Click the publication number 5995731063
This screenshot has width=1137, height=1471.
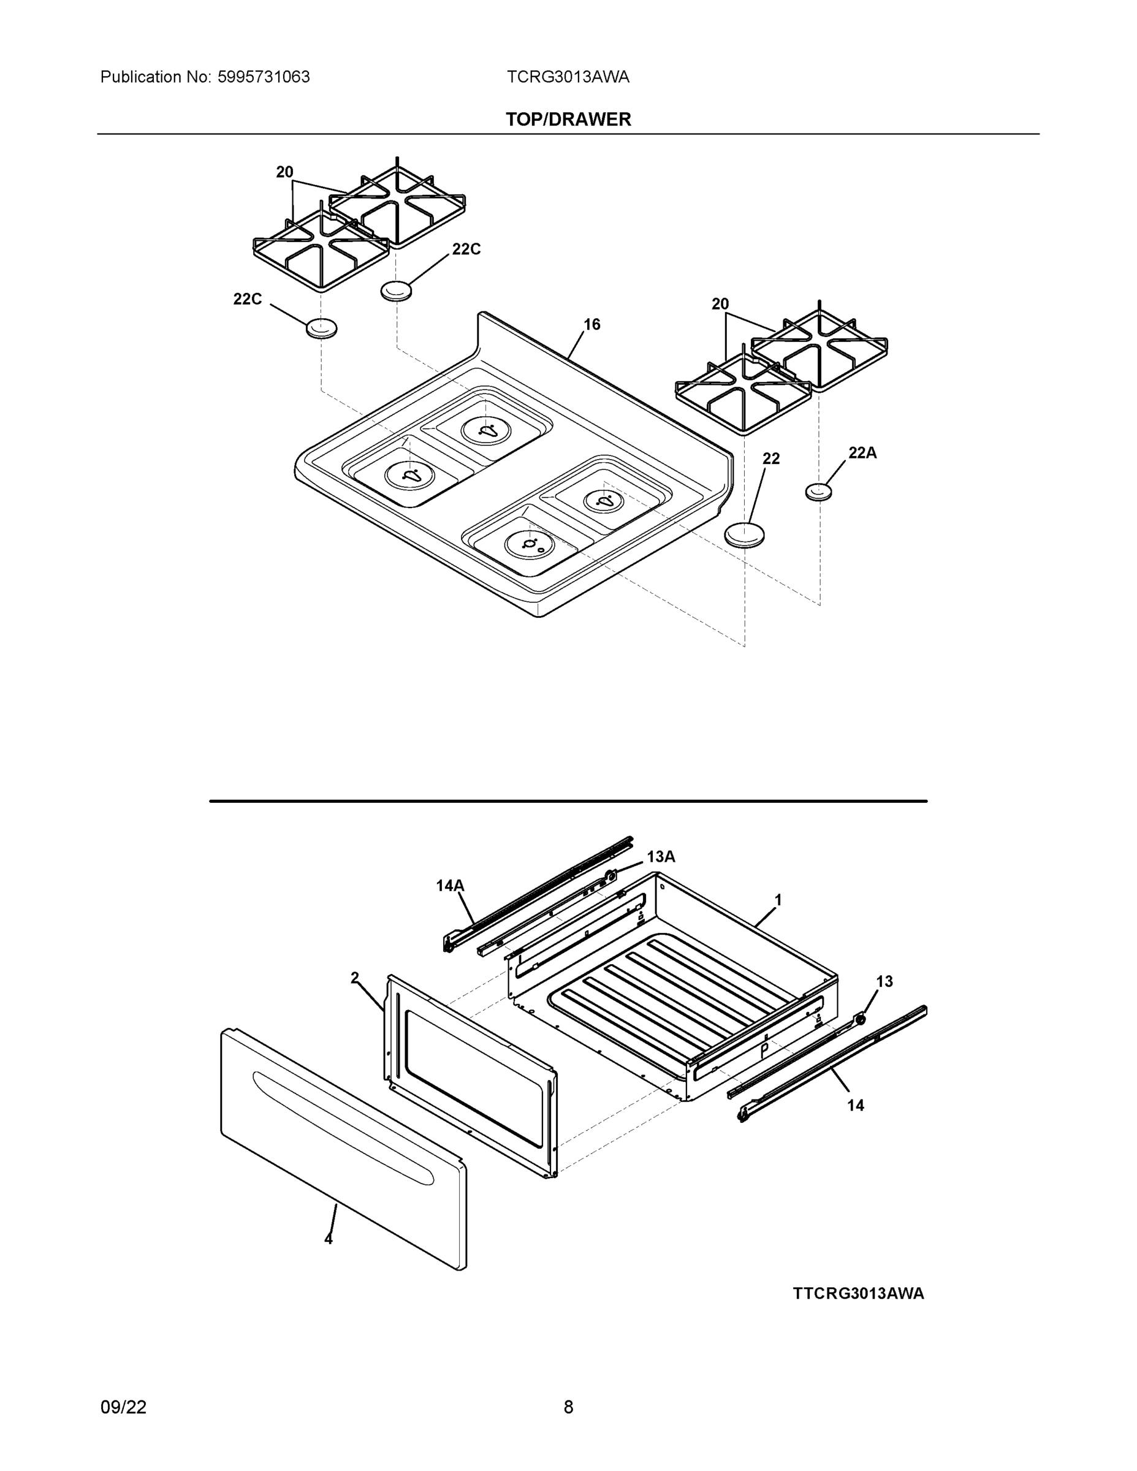[x=264, y=77]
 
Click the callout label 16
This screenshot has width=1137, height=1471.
[x=591, y=325]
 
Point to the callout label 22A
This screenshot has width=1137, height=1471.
[x=862, y=454]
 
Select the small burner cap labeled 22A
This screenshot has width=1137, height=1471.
[x=818, y=492]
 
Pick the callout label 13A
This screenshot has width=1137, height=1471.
[x=661, y=857]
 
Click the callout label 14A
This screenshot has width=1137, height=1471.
[x=450, y=886]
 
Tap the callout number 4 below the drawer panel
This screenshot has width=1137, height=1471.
[x=329, y=1239]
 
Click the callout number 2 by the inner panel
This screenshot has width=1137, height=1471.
[x=355, y=978]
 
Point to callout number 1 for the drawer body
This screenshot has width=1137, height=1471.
[x=778, y=900]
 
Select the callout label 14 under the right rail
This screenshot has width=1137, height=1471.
[x=855, y=1105]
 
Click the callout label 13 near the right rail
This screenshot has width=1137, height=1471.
[x=884, y=981]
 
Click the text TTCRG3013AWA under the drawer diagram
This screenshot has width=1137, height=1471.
[x=858, y=1293]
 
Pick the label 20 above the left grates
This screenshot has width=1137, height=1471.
[x=285, y=172]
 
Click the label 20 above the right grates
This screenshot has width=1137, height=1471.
[x=720, y=305]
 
